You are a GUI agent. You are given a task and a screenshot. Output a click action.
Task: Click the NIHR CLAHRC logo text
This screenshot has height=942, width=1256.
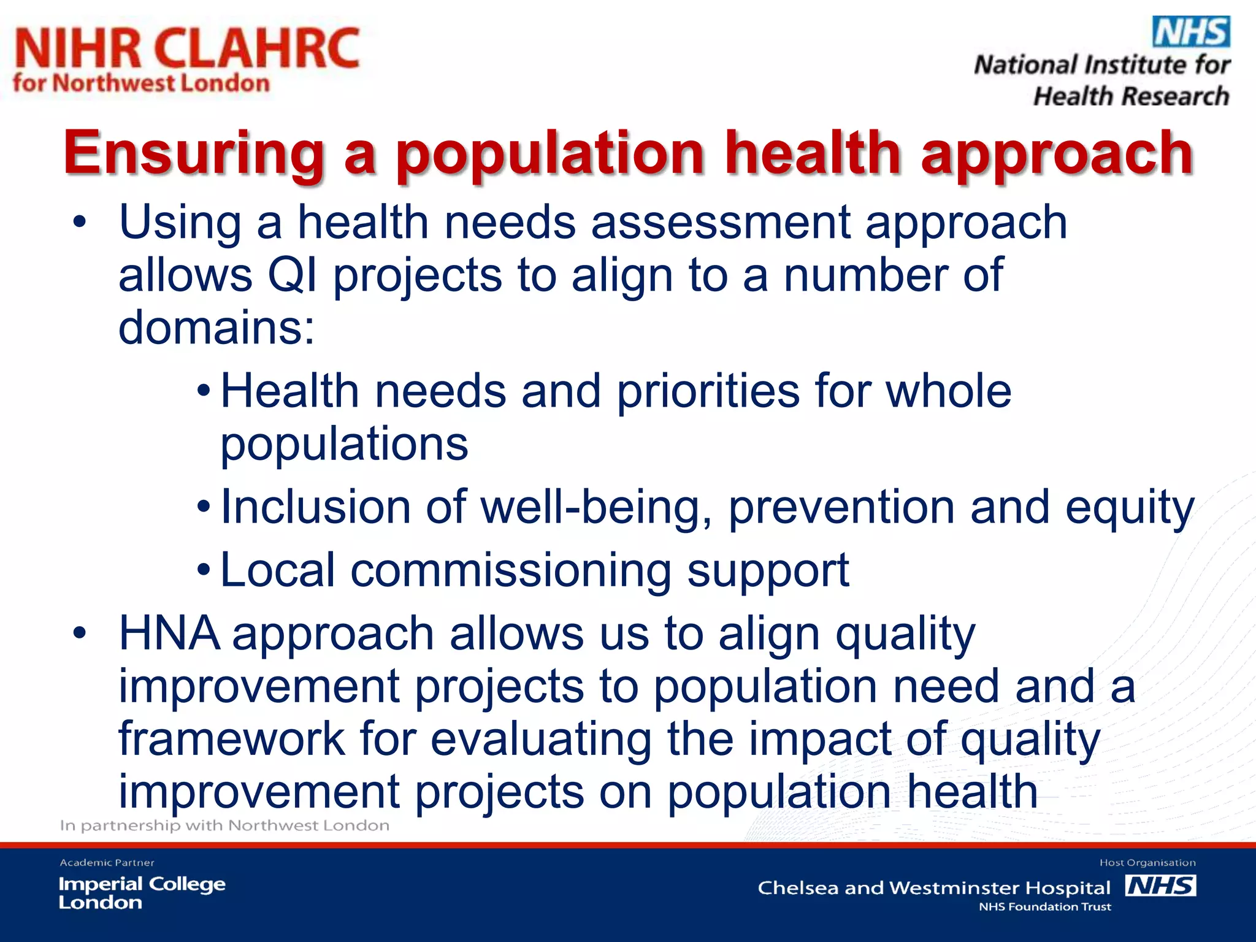click(187, 49)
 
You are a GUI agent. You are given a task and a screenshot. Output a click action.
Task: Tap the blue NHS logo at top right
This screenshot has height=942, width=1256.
click(1190, 32)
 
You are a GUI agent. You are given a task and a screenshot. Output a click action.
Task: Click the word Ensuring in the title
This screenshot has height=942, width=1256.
click(194, 153)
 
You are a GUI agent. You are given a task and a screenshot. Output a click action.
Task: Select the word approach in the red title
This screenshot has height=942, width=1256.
click(1056, 155)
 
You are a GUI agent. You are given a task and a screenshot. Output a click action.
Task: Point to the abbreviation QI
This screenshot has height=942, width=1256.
click(293, 275)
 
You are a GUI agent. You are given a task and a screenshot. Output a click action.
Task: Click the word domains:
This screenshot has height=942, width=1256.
click(216, 327)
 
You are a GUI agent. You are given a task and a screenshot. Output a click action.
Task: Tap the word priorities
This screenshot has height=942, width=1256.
click(708, 391)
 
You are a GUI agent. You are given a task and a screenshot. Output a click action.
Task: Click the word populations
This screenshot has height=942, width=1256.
click(344, 443)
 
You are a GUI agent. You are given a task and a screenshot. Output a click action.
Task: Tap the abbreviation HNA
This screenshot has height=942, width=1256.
click(169, 633)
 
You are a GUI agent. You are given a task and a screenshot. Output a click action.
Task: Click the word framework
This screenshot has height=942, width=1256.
click(231, 739)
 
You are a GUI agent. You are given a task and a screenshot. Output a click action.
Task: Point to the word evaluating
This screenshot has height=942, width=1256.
click(540, 739)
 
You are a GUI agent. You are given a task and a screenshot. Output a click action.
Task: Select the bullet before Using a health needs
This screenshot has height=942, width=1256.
click(79, 223)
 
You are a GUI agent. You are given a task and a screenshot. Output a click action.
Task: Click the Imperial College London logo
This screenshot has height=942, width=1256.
click(142, 892)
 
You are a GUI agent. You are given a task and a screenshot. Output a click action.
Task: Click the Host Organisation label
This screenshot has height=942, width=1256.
click(1147, 862)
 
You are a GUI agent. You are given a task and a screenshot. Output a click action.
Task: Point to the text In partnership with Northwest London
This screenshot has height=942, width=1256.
click(224, 825)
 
